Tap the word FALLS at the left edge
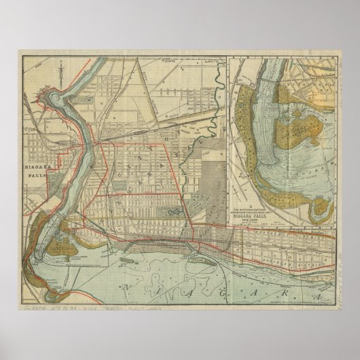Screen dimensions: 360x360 click(x=38, y=173)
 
